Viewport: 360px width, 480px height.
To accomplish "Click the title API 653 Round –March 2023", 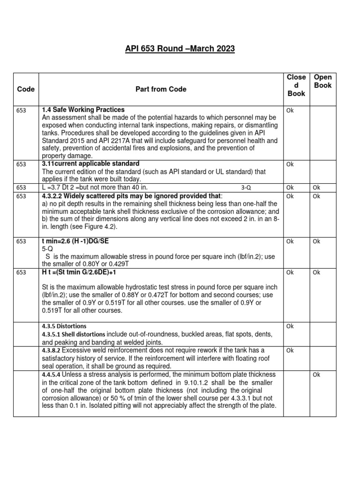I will [x=180, y=49].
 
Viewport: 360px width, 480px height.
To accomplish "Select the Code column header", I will [x=25, y=89].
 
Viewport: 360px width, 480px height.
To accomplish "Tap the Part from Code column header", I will [x=162, y=89].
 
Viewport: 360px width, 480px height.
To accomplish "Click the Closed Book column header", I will [x=296, y=85].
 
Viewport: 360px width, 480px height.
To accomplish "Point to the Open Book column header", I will [x=322, y=81].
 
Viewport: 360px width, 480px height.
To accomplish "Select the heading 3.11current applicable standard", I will [x=90, y=164].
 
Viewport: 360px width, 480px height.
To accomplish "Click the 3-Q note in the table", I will [x=246, y=187].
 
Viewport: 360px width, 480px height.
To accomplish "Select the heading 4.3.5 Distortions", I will [x=64, y=326].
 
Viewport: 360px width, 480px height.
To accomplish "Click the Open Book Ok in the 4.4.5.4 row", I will [x=316, y=375].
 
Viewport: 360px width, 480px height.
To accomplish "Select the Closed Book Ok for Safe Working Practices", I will [x=290, y=111].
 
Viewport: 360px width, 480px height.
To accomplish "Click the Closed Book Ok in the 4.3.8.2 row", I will [x=290, y=350].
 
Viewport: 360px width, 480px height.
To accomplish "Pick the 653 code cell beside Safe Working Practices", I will [x=21, y=111].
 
